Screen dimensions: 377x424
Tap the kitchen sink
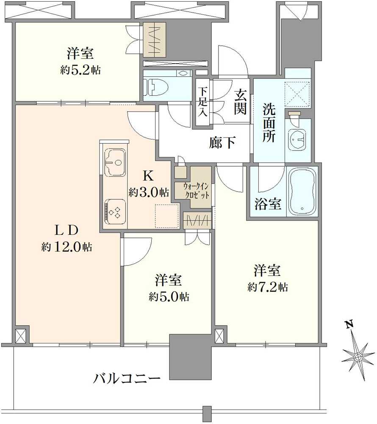tap(115, 162)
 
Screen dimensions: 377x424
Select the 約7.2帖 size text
tap(267, 287)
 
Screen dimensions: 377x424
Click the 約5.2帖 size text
tap(80, 70)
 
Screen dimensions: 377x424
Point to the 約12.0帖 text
tap(67, 247)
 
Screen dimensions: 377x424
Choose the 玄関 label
tap(240, 102)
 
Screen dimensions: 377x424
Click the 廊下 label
tap(222, 142)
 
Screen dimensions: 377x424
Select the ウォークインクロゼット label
tap(196, 191)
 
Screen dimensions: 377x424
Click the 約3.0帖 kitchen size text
tap(149, 192)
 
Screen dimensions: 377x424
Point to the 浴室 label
tap(268, 204)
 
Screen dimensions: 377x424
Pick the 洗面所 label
tap(269, 123)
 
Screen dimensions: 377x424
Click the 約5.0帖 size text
tap(169, 297)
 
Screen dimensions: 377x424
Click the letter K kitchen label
tap(148, 176)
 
